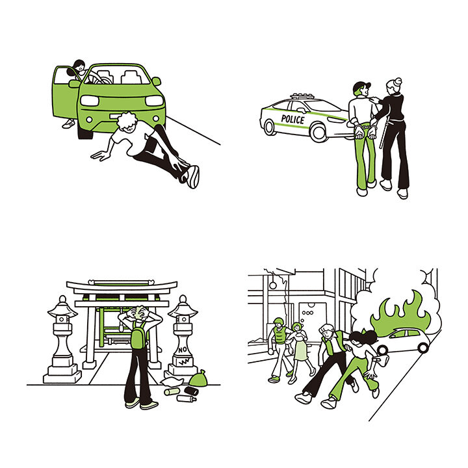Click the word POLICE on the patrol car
(x=292, y=120)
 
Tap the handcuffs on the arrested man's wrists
(x=367, y=127)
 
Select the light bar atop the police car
(x=302, y=96)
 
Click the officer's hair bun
(x=398, y=81)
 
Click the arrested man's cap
(x=361, y=86)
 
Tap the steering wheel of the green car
(x=96, y=79)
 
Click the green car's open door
(x=65, y=92)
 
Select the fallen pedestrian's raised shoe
(x=193, y=177)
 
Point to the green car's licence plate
(x=116, y=116)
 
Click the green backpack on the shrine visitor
(x=138, y=334)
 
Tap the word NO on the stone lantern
(x=183, y=350)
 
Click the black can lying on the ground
(x=191, y=391)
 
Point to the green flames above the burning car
(x=400, y=313)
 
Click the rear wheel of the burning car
(x=423, y=348)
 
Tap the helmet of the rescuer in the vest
(x=278, y=322)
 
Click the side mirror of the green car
(x=156, y=81)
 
